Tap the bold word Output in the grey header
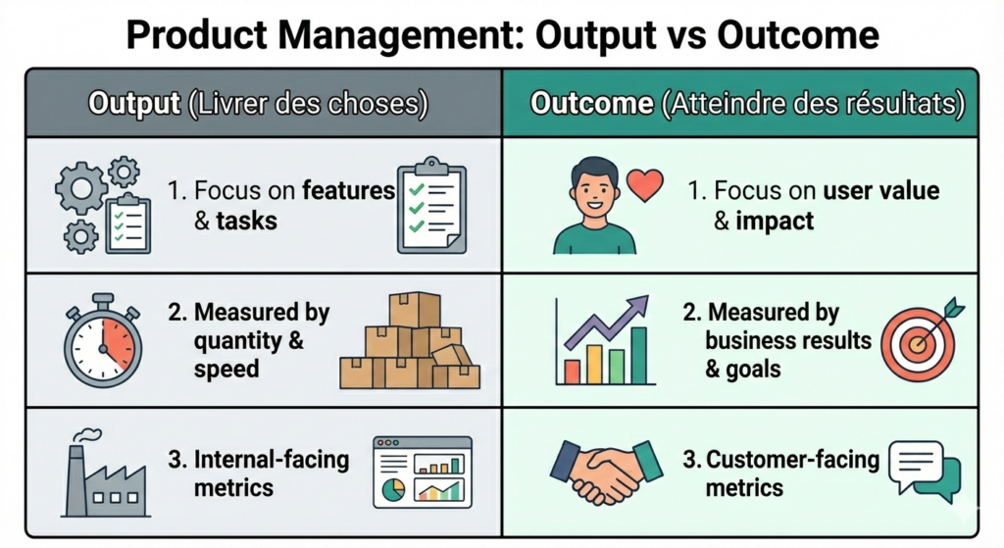point(133,104)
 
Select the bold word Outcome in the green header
point(591,104)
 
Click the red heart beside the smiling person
point(645,183)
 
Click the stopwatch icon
point(103,343)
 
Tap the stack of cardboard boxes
point(410,342)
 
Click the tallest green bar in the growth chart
point(638,355)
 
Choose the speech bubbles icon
point(923,472)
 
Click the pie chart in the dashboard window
point(393,490)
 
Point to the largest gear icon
point(81,188)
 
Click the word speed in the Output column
point(226,369)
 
